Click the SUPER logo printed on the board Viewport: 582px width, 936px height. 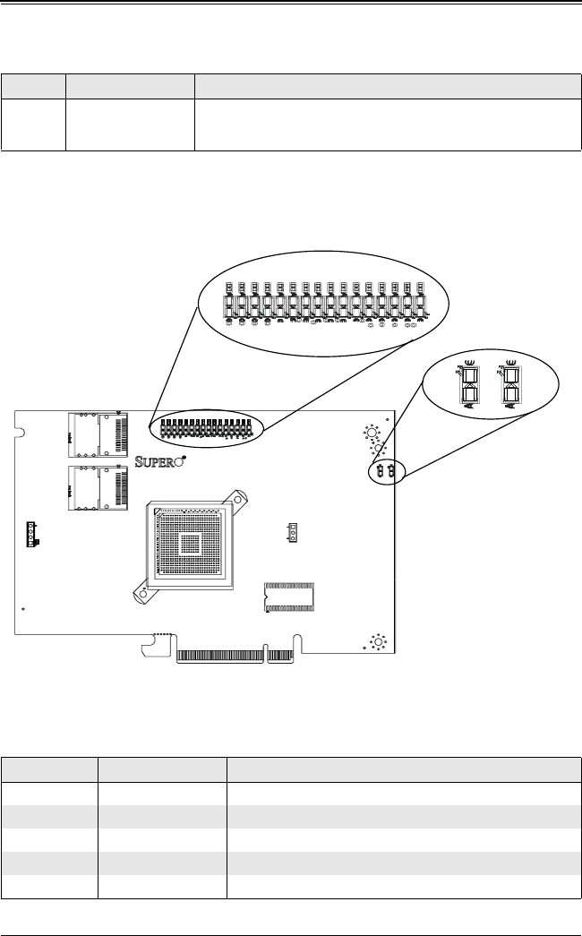pos(158,462)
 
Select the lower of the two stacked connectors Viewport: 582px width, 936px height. pos(98,488)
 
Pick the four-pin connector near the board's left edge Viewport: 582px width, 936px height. pos(33,534)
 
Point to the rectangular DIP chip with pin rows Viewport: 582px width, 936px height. pos(289,597)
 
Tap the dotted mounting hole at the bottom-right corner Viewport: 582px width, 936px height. pos(377,641)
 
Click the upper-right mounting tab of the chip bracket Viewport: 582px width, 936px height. pos(236,497)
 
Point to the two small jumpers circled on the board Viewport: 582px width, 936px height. pos(386,471)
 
